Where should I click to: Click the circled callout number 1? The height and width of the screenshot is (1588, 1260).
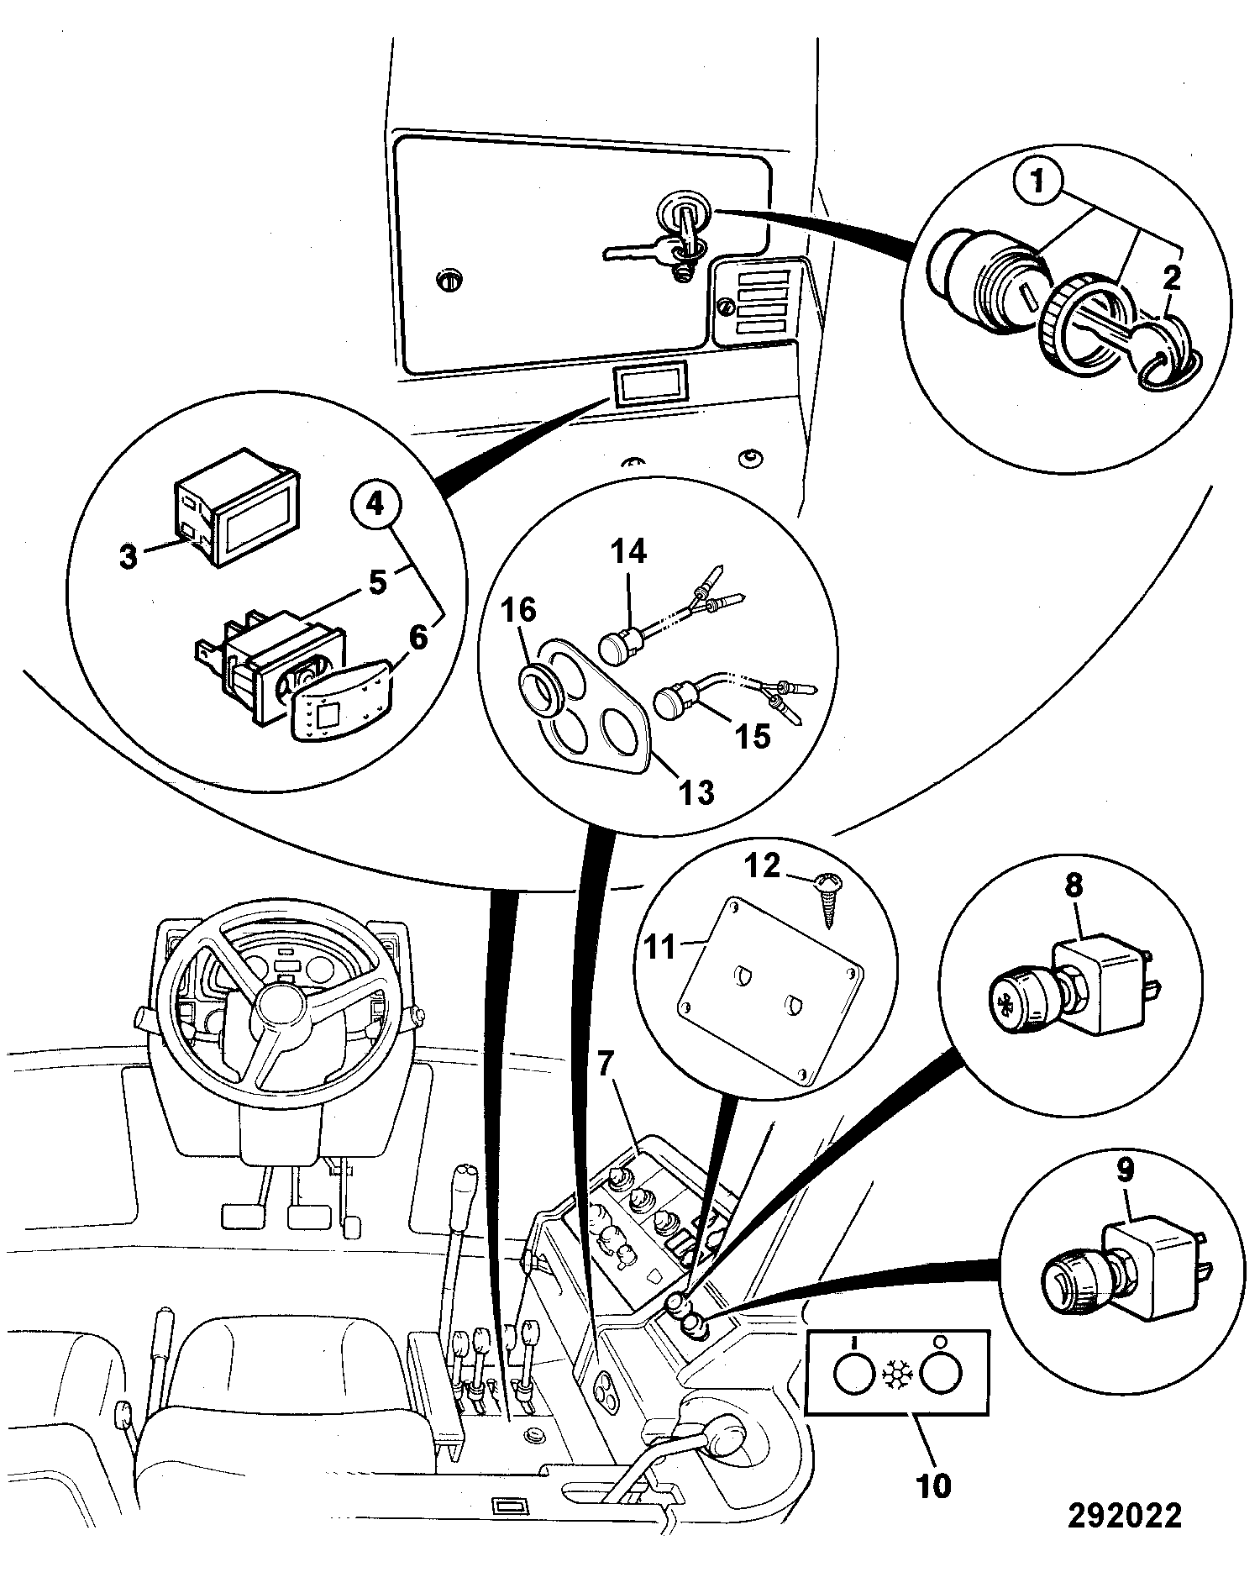[x=1039, y=181]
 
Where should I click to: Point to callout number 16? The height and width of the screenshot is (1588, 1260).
[x=518, y=610]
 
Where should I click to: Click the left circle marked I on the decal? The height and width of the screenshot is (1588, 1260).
[x=853, y=1375]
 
